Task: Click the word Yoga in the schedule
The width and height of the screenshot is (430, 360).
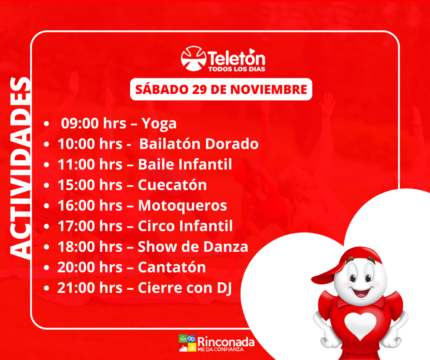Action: pyautogui.click(x=159, y=124)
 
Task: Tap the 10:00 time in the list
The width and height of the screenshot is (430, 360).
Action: pyautogui.click(x=76, y=144)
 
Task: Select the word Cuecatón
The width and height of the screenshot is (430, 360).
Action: pyautogui.click(x=172, y=185)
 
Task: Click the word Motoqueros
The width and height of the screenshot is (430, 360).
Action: pyautogui.click(x=182, y=206)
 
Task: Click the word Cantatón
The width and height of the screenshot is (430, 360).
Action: pyautogui.click(x=172, y=267)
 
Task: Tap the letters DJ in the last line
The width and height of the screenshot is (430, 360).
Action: pyautogui.click(x=224, y=288)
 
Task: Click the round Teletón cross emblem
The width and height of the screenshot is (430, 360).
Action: pyautogui.click(x=193, y=58)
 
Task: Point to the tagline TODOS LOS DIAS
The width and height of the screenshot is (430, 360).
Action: pyautogui.click(x=237, y=69)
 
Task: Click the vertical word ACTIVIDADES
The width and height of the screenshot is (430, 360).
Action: pyautogui.click(x=20, y=168)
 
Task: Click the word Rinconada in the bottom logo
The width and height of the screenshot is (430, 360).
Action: pyautogui.click(x=225, y=342)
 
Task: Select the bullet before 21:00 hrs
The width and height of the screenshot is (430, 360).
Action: pyautogui.click(x=46, y=288)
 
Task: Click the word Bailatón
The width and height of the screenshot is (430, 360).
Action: pyautogui.click(x=170, y=144)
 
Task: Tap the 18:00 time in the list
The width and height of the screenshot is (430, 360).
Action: pyautogui.click(x=76, y=247)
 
